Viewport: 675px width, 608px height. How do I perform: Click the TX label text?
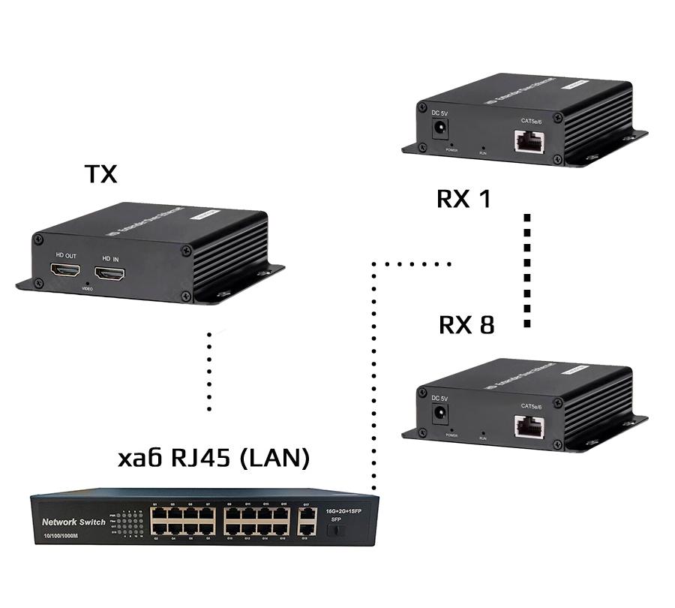tap(100, 174)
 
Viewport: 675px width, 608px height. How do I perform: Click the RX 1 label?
tap(463, 199)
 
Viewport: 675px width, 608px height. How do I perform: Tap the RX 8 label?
tap(466, 325)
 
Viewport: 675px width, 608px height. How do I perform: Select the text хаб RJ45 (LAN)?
tap(214, 458)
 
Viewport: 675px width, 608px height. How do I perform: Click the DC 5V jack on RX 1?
tap(441, 131)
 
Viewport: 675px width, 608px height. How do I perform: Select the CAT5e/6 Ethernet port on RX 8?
tap(530, 426)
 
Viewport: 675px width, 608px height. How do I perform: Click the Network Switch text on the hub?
tap(73, 522)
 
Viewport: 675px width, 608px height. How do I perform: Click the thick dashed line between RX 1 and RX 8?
tap(527, 270)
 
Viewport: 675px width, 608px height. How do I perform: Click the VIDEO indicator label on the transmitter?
tap(87, 289)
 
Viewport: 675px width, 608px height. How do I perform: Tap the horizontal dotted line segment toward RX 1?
tap(412, 263)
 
